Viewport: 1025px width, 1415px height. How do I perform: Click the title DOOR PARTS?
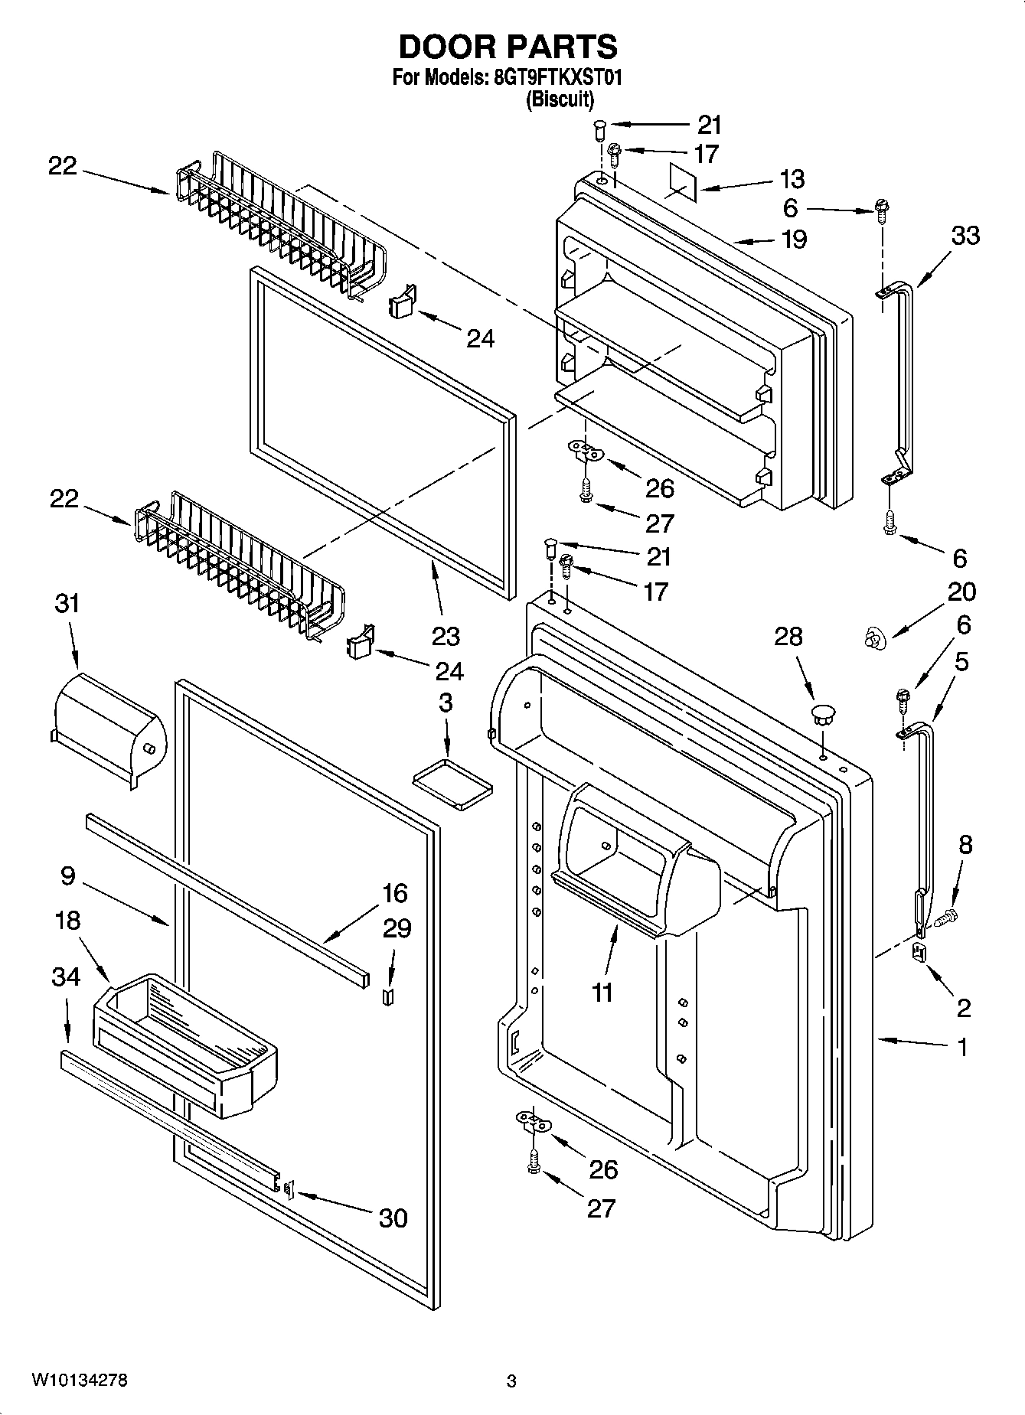click(508, 47)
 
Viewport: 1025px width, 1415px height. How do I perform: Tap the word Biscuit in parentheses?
click(560, 99)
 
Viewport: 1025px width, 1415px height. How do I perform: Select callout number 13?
click(792, 179)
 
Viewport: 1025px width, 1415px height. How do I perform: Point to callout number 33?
click(965, 236)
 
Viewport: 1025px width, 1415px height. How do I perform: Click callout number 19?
click(795, 239)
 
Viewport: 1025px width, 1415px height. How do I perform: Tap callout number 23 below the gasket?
click(446, 635)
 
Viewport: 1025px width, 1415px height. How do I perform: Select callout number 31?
click(67, 604)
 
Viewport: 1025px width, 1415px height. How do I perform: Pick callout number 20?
click(961, 592)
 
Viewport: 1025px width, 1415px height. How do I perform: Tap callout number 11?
click(602, 993)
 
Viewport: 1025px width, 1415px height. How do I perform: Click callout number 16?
click(395, 893)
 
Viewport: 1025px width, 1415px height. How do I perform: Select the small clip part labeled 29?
click(388, 996)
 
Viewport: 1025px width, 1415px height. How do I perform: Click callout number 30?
click(393, 1218)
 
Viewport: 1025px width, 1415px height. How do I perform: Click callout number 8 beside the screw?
click(965, 844)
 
